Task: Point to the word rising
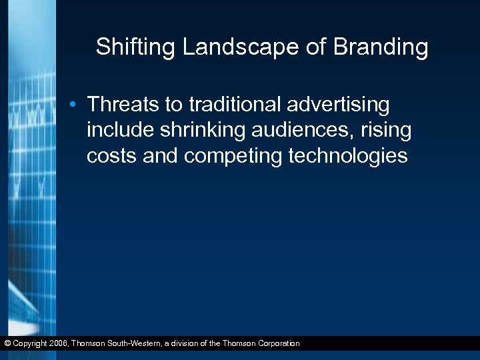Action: [387, 130]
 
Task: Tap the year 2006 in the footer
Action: [56, 343]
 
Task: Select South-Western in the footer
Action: [137, 343]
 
